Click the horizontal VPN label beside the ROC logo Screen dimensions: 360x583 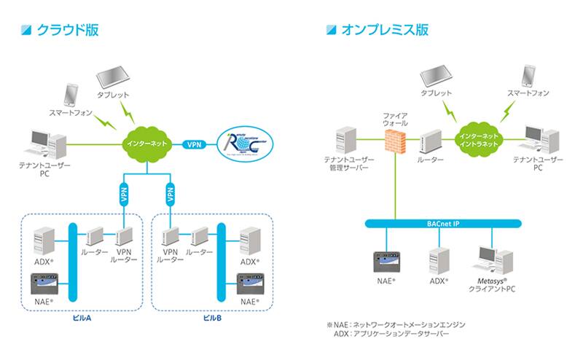[194, 144]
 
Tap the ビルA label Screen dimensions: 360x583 [82, 318]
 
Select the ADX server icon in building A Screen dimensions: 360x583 [45, 240]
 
